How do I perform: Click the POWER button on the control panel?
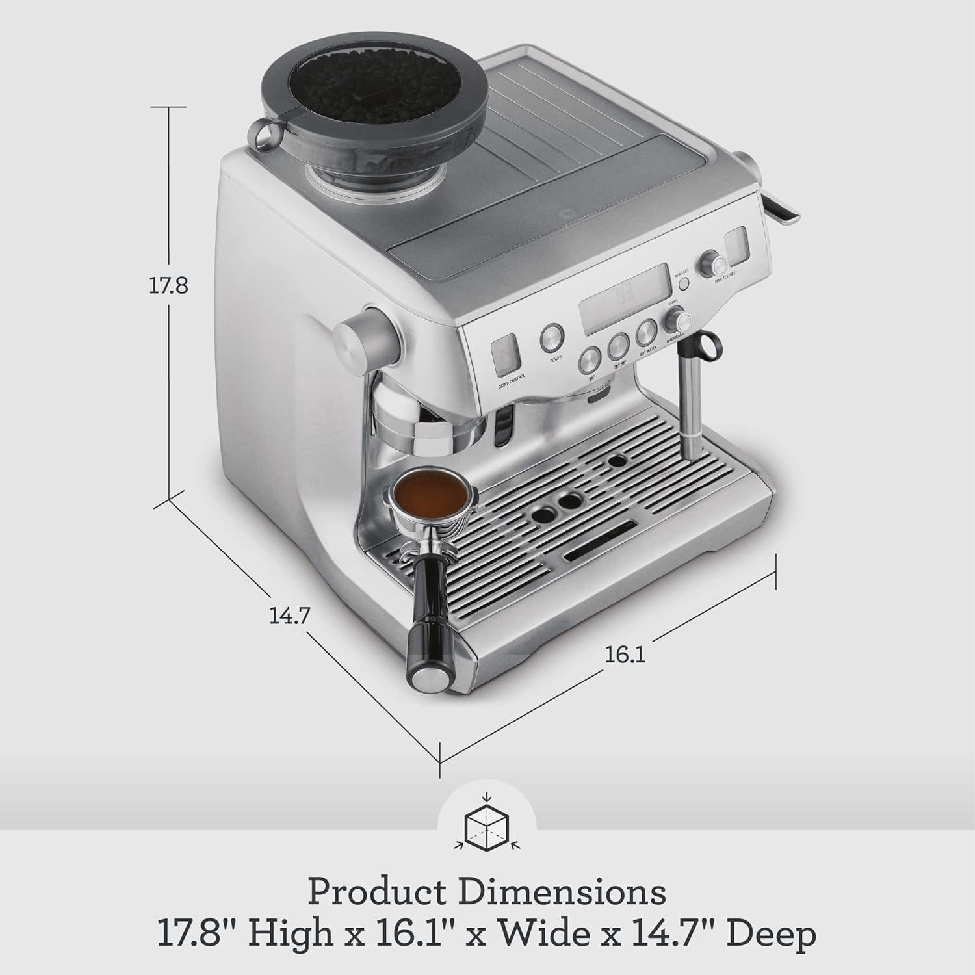coord(552,335)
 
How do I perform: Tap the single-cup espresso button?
coord(590,357)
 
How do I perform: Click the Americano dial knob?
coord(679,320)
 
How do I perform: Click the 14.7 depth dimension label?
coord(289,615)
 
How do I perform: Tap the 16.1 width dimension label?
coord(625,655)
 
